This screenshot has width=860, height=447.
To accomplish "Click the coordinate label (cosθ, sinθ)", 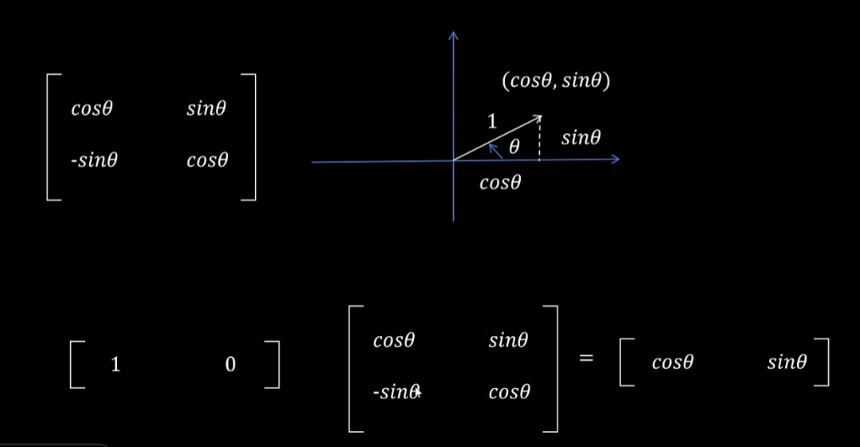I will [556, 81].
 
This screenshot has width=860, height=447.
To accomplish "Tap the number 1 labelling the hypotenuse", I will [491, 122].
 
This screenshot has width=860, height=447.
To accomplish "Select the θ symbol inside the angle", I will [514, 147].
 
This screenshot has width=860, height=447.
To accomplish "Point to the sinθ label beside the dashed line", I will [580, 138].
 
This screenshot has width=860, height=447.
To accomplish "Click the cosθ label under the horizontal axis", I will [500, 183].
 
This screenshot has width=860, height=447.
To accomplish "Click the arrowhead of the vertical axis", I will [454, 35].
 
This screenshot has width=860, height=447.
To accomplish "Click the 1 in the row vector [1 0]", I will [115, 365].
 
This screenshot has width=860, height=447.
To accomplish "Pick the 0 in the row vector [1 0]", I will [230, 365].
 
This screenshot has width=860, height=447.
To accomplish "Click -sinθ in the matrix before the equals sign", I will [395, 392].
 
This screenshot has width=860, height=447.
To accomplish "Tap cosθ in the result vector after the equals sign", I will [672, 363].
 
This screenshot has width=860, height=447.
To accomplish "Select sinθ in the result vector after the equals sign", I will [788, 363].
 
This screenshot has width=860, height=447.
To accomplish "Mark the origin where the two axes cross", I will [454, 161].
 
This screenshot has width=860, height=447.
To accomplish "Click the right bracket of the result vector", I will [824, 363].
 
